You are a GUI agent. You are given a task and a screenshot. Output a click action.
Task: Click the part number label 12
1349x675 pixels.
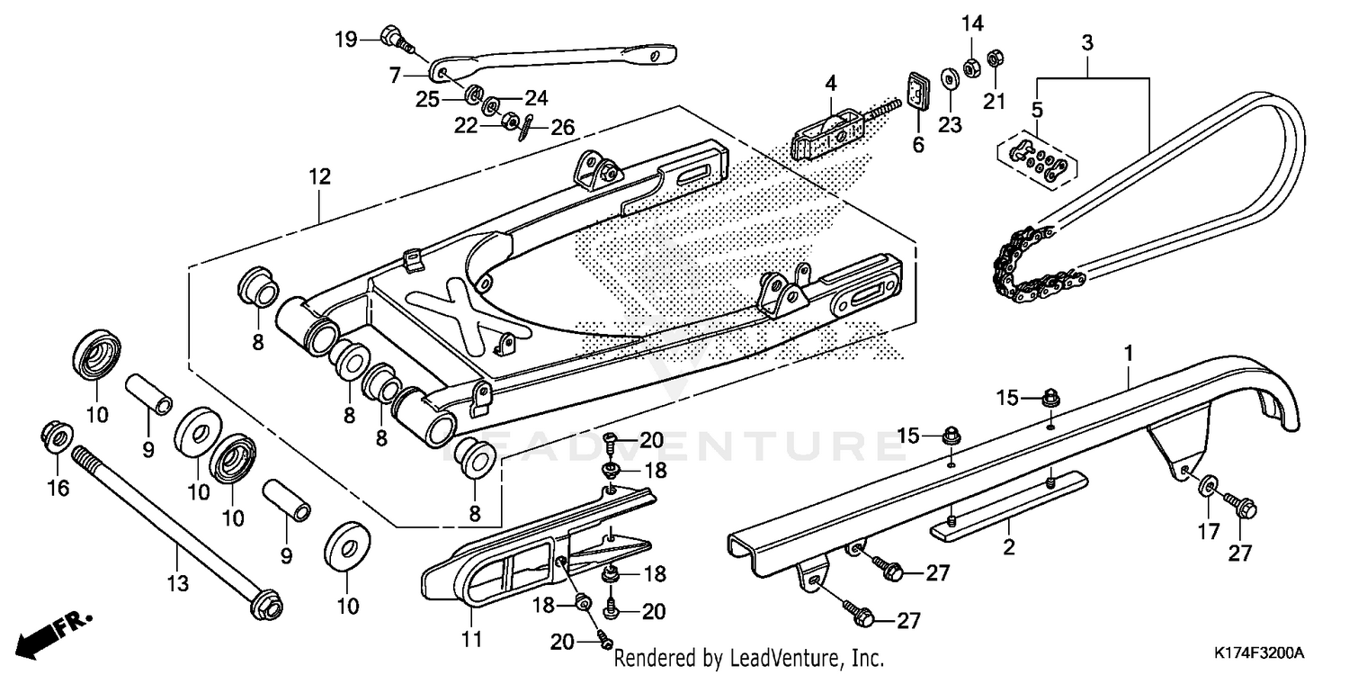click(320, 176)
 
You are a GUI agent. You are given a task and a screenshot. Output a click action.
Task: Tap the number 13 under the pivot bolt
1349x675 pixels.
click(178, 584)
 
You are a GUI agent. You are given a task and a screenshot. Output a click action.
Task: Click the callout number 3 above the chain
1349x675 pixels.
click(1086, 41)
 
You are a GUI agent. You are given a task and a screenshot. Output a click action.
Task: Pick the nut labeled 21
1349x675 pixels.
click(995, 59)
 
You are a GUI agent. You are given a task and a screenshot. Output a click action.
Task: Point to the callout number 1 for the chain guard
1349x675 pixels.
click(1127, 353)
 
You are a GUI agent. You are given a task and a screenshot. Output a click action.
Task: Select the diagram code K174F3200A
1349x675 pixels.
click(1259, 651)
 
